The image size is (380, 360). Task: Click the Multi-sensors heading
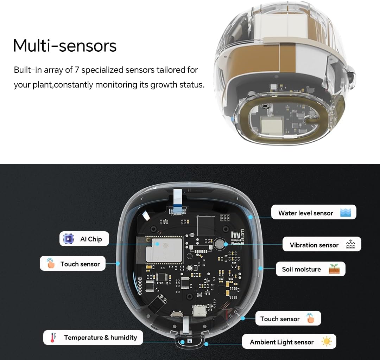click(x=65, y=46)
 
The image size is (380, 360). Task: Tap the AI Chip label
click(x=91, y=239)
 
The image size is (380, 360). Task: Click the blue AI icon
click(x=68, y=239)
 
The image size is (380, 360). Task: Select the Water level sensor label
click(x=305, y=213)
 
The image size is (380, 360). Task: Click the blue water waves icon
click(x=346, y=212)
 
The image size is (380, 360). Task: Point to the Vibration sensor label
click(x=314, y=245)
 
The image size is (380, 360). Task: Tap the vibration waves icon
click(x=350, y=245)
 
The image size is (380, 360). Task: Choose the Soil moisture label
click(x=301, y=269)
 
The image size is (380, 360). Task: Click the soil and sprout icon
click(x=334, y=269)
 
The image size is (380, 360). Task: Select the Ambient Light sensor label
click(x=281, y=342)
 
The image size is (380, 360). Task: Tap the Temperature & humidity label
click(x=100, y=337)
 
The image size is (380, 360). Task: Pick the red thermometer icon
click(x=53, y=338)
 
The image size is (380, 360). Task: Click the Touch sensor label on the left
click(x=80, y=264)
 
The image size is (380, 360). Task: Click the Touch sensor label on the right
click(x=280, y=319)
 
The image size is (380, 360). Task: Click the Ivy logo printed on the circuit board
click(x=226, y=235)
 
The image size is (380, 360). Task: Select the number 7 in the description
click(x=77, y=70)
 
